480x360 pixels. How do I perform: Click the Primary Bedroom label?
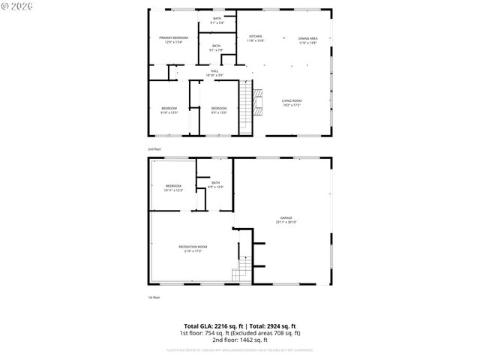click(x=173, y=37)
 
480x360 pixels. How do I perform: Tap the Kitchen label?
click(x=255, y=37)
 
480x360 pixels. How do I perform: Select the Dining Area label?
click(x=308, y=38)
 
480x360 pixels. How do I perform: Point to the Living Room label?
click(x=292, y=100)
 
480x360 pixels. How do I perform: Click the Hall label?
click(x=214, y=71)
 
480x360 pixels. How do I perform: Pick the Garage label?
click(x=287, y=218)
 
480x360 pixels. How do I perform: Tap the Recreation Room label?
click(x=193, y=247)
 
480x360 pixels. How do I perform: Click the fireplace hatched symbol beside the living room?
click(x=259, y=100)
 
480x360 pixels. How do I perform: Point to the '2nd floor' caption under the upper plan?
click(x=154, y=149)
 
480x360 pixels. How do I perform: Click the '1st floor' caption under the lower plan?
click(x=154, y=298)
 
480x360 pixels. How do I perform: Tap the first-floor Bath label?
click(x=215, y=183)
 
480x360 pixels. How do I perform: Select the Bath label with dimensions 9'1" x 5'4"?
click(x=217, y=19)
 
